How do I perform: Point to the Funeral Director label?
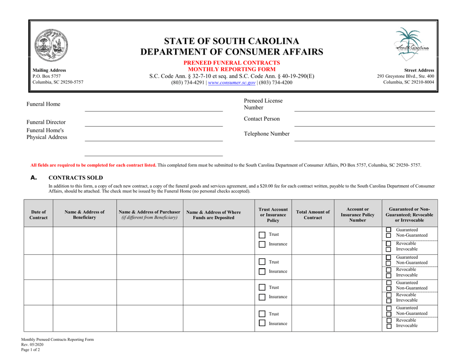click(52, 122)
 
